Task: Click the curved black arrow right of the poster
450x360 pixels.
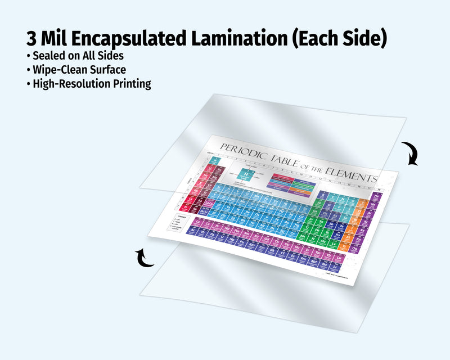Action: point(411,154)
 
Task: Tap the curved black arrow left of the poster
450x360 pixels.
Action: point(146,258)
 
